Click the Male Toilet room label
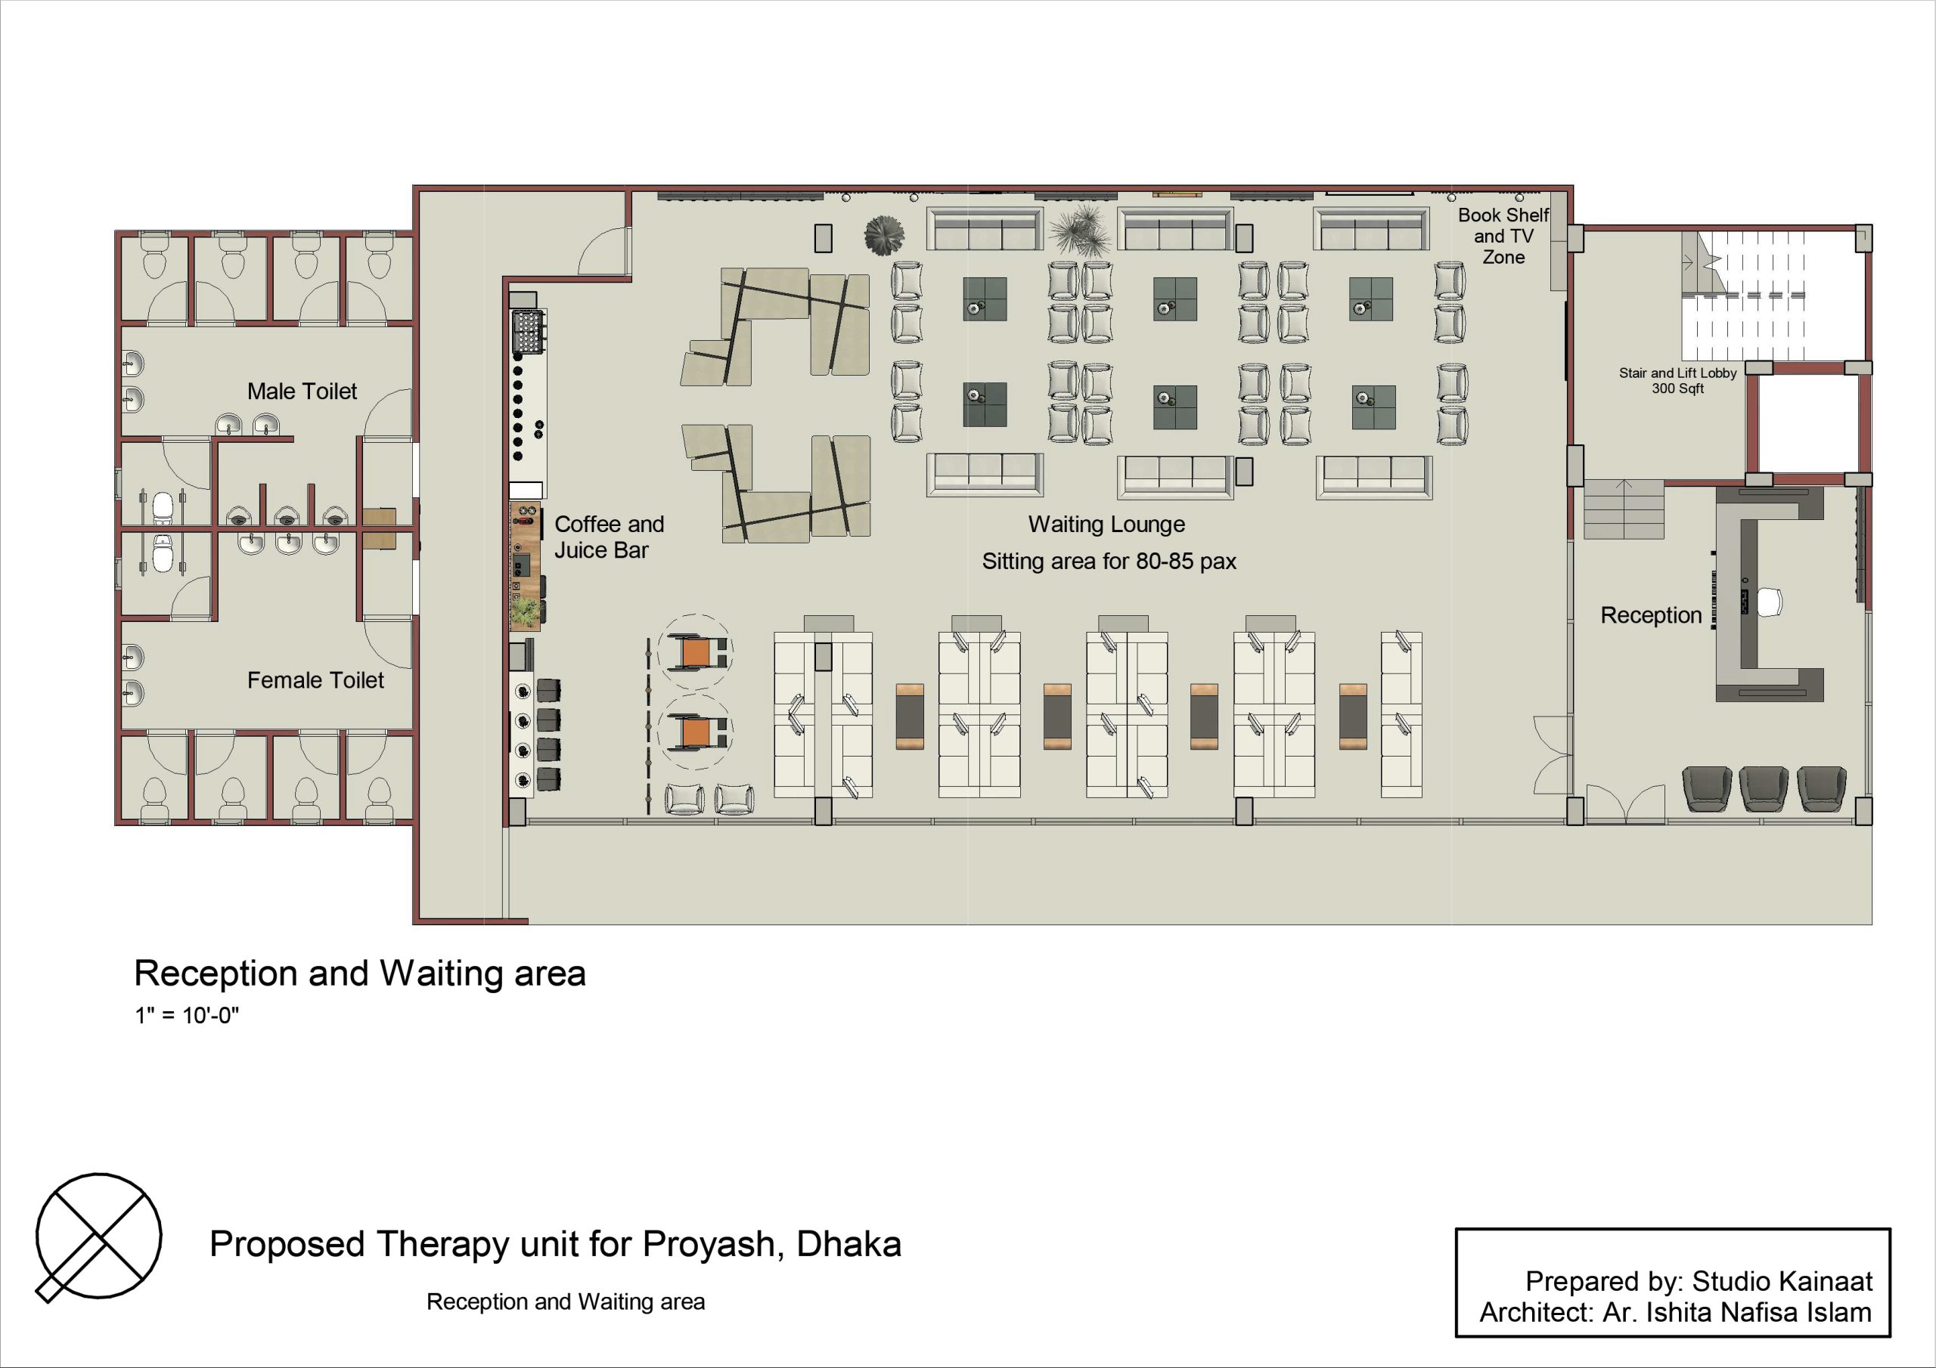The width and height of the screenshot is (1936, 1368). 302,391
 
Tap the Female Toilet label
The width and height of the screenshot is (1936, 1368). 315,680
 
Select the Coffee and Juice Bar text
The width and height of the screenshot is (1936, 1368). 609,537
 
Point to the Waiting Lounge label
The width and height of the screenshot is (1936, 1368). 1106,525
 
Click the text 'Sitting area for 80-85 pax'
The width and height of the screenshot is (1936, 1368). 1109,562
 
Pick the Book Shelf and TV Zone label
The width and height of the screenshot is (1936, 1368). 1503,236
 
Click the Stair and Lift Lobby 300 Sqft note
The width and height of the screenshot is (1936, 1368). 1677,380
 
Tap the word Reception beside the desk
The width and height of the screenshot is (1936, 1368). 1651,615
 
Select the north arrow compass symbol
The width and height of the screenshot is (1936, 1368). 98,1236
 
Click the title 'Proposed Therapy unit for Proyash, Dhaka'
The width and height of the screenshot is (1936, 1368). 555,1244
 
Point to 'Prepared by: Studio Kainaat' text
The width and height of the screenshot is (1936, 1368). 1699,1281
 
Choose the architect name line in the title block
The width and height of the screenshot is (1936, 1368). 1675,1312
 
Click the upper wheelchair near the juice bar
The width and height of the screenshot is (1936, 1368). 696,652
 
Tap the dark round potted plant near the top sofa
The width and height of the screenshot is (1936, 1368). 884,234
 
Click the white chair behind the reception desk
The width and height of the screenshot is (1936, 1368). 1769,602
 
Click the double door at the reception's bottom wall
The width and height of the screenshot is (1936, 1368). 1626,803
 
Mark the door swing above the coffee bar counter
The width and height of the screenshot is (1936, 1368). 603,249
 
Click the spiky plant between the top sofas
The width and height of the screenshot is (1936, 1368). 1080,230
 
